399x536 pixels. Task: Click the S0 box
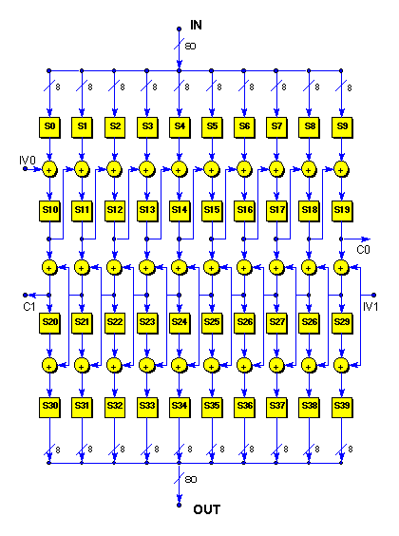pyautogui.click(x=49, y=127)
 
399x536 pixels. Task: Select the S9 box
pyautogui.click(x=342, y=127)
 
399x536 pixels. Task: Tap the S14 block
pyautogui.click(x=180, y=211)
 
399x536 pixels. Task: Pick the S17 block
pyautogui.click(x=276, y=211)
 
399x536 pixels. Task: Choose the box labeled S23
pyautogui.click(x=147, y=323)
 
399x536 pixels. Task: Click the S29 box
pyautogui.click(x=342, y=323)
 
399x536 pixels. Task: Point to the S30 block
pyautogui.click(x=49, y=407)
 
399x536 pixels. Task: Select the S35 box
pyautogui.click(x=212, y=407)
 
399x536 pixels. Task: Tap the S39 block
pyautogui.click(x=342, y=407)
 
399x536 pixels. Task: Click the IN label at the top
pyautogui.click(x=196, y=25)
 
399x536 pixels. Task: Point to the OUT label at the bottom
pyautogui.click(x=207, y=509)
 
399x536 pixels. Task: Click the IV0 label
pyautogui.click(x=28, y=160)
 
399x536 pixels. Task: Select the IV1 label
pyautogui.click(x=370, y=307)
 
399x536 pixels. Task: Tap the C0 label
pyautogui.click(x=363, y=250)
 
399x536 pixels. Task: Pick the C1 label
pyautogui.click(x=29, y=307)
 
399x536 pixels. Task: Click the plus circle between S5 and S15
pyautogui.click(x=212, y=169)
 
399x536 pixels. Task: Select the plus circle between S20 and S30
pyautogui.click(x=49, y=366)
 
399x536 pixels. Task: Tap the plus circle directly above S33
pyautogui.click(x=147, y=366)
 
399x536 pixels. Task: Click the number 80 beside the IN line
pyautogui.click(x=190, y=46)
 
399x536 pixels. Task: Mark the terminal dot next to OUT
pyautogui.click(x=179, y=505)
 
